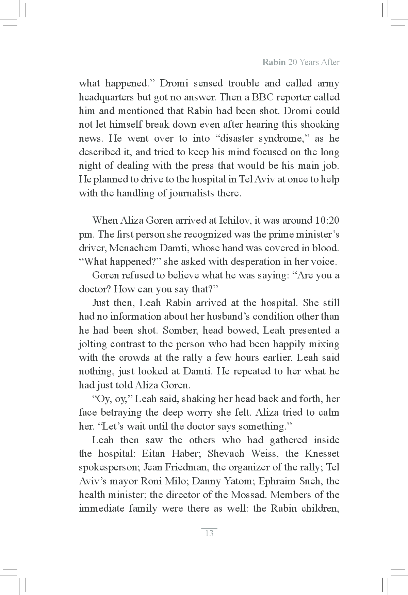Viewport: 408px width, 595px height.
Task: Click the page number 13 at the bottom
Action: point(209,533)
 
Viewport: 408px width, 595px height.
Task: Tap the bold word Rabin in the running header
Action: point(274,62)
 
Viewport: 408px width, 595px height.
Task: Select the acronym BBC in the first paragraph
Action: point(263,97)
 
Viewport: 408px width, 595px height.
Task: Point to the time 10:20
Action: point(327,220)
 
